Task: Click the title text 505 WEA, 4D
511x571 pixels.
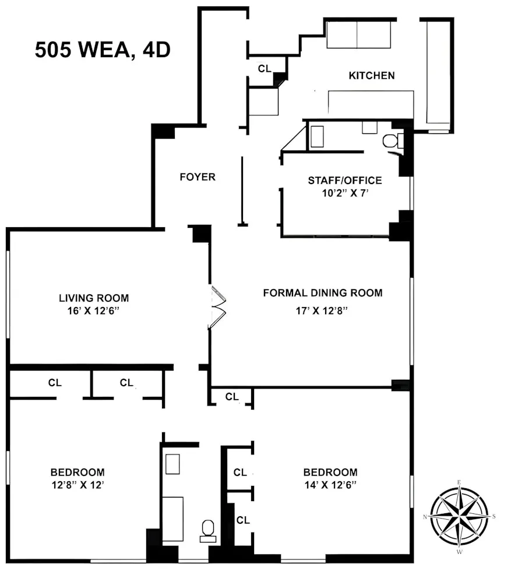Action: [x=103, y=50]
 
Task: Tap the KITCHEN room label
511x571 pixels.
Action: [x=371, y=75]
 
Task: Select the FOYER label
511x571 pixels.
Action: [x=197, y=177]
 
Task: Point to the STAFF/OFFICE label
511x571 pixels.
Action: [x=345, y=180]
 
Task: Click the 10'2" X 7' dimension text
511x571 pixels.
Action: [x=345, y=195]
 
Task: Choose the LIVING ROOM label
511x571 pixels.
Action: [x=94, y=298]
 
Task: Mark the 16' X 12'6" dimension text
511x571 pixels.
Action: [x=94, y=311]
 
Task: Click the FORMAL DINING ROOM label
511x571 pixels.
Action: [x=323, y=292]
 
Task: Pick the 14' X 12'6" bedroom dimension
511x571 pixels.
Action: [x=330, y=485]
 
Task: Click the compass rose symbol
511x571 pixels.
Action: [x=459, y=516]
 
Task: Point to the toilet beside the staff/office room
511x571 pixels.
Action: [x=390, y=140]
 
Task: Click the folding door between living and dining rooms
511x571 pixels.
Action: [x=218, y=307]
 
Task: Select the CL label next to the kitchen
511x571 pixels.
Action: [x=265, y=68]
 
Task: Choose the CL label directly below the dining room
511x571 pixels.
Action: [x=232, y=397]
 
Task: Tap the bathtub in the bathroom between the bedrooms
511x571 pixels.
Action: [x=172, y=518]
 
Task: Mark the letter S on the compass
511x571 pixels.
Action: [x=494, y=516]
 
